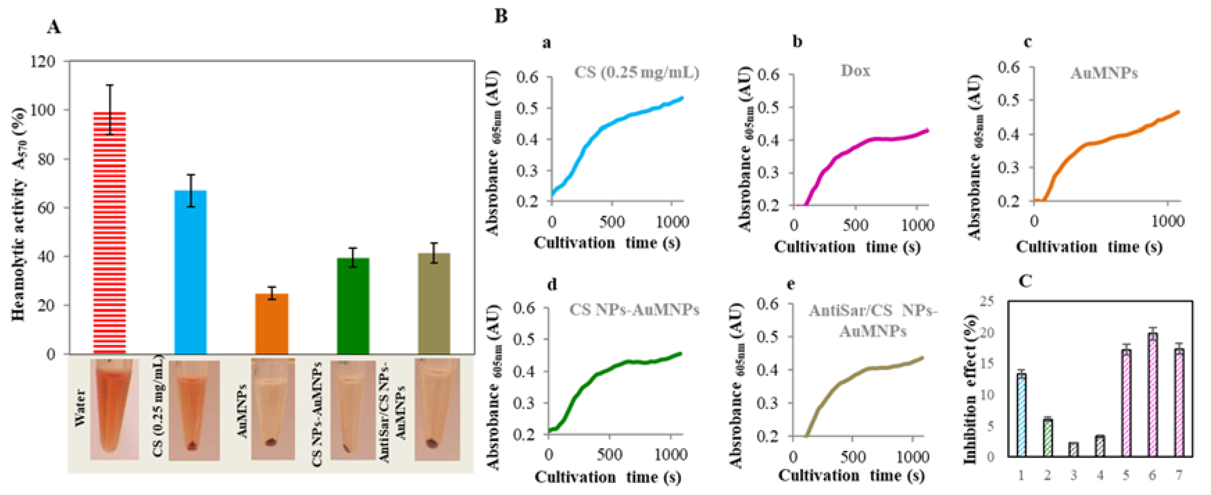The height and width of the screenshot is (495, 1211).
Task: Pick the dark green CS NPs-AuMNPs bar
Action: point(353,306)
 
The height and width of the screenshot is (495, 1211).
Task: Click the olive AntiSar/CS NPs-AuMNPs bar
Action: point(434,304)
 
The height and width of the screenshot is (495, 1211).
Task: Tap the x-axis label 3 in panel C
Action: point(1074,475)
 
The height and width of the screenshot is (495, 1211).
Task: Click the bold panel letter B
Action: point(501,16)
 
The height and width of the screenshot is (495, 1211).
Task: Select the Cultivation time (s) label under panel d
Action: point(608,477)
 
